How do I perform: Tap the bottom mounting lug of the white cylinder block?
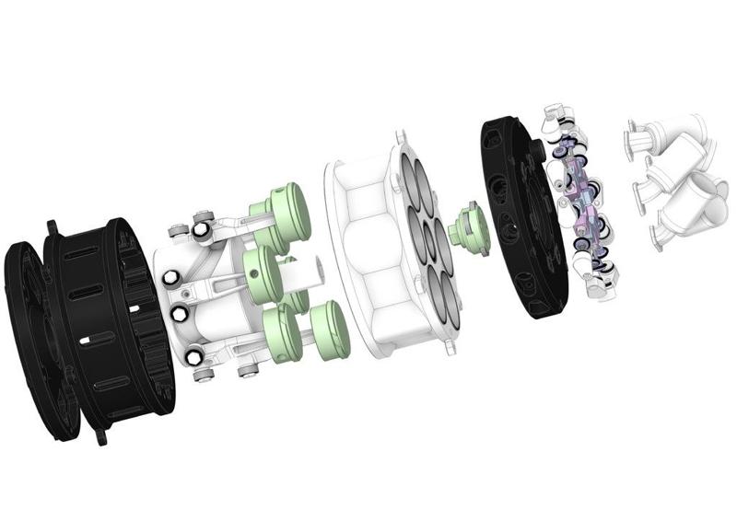tap(448, 346)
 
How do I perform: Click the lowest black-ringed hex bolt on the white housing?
tap(195, 357)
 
